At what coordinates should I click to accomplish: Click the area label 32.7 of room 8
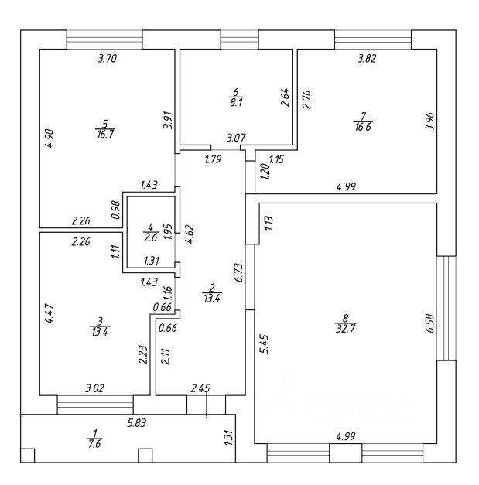346,329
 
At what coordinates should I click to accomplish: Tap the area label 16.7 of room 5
105,135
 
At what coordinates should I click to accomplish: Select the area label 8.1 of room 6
236,102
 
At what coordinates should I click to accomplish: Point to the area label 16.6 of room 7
363,127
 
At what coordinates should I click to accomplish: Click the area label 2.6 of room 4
150,238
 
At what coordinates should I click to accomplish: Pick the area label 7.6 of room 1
94,444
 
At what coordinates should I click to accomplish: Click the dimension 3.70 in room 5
107,58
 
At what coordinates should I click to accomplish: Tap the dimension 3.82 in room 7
367,58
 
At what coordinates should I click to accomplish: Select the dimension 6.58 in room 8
430,323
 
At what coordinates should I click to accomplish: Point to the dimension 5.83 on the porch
137,422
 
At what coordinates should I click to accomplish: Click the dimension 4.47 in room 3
50,314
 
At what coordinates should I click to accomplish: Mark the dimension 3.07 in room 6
236,138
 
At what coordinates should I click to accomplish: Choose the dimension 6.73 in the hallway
240,272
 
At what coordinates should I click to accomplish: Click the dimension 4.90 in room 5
50,138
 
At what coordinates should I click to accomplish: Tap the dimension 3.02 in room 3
94,388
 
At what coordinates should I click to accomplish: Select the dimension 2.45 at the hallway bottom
200,388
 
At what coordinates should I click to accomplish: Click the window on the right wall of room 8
446,308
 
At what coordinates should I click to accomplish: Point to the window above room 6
240,39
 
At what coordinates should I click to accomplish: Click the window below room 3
95,405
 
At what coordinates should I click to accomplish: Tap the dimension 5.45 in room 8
264,343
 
